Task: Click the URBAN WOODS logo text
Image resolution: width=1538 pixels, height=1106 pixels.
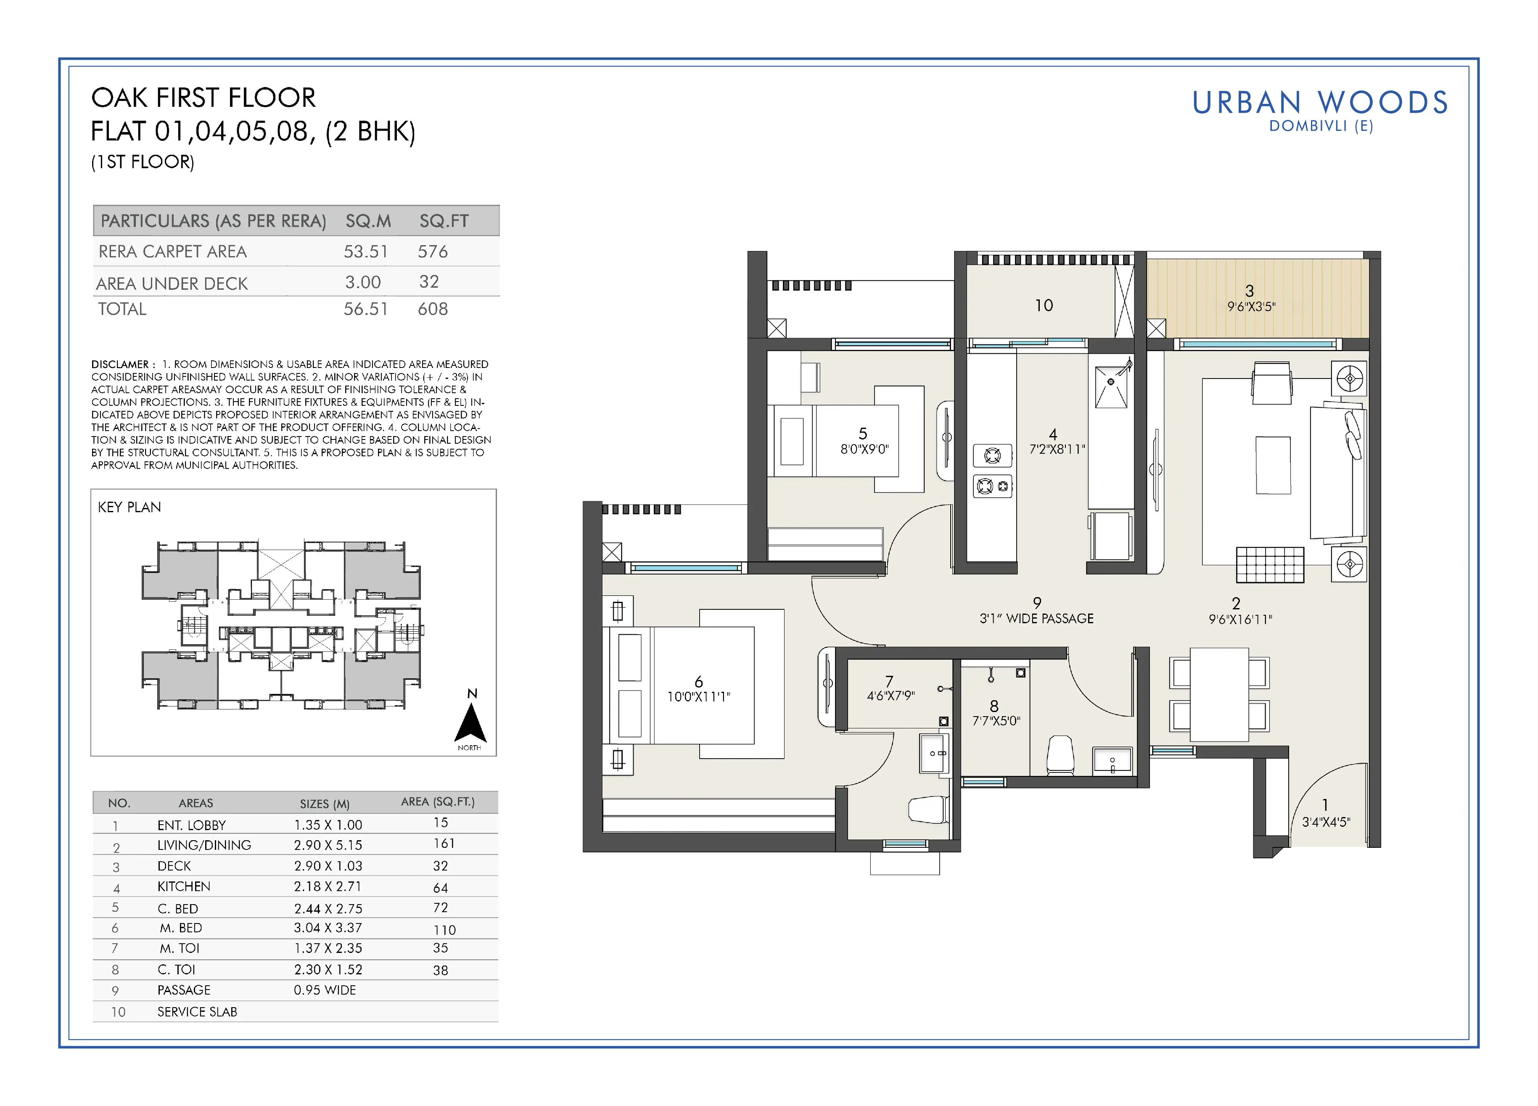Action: coord(1320,102)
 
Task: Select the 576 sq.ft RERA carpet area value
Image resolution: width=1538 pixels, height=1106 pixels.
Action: coord(433,251)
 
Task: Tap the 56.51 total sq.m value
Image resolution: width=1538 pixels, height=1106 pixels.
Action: coord(365,309)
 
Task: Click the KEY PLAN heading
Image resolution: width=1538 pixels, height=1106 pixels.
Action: coord(129,507)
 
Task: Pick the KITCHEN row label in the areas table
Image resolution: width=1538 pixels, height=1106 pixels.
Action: coord(184,886)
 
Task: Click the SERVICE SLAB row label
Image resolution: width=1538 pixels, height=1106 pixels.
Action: coord(197,1012)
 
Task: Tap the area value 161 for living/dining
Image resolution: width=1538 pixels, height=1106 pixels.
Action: coord(444,844)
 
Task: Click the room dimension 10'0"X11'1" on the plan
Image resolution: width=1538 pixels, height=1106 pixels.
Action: coord(698,696)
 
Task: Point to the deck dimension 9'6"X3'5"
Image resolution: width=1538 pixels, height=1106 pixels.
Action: coord(1251,307)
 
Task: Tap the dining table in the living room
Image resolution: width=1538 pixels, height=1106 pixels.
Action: coord(1219,694)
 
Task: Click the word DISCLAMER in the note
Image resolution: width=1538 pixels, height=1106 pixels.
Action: coord(120,364)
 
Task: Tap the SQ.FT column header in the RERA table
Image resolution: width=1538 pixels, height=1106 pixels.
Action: coord(444,221)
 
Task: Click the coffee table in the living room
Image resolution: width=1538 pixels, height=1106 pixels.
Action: coord(1273,465)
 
